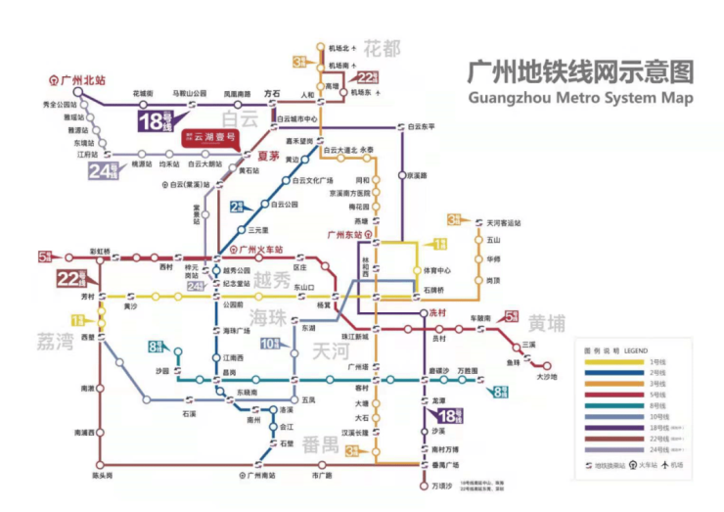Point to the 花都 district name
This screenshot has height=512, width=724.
pyautogui.click(x=382, y=48)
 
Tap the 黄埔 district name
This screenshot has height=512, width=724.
pyautogui.click(x=547, y=324)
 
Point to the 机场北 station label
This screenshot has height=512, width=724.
pyautogui.click(x=339, y=48)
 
